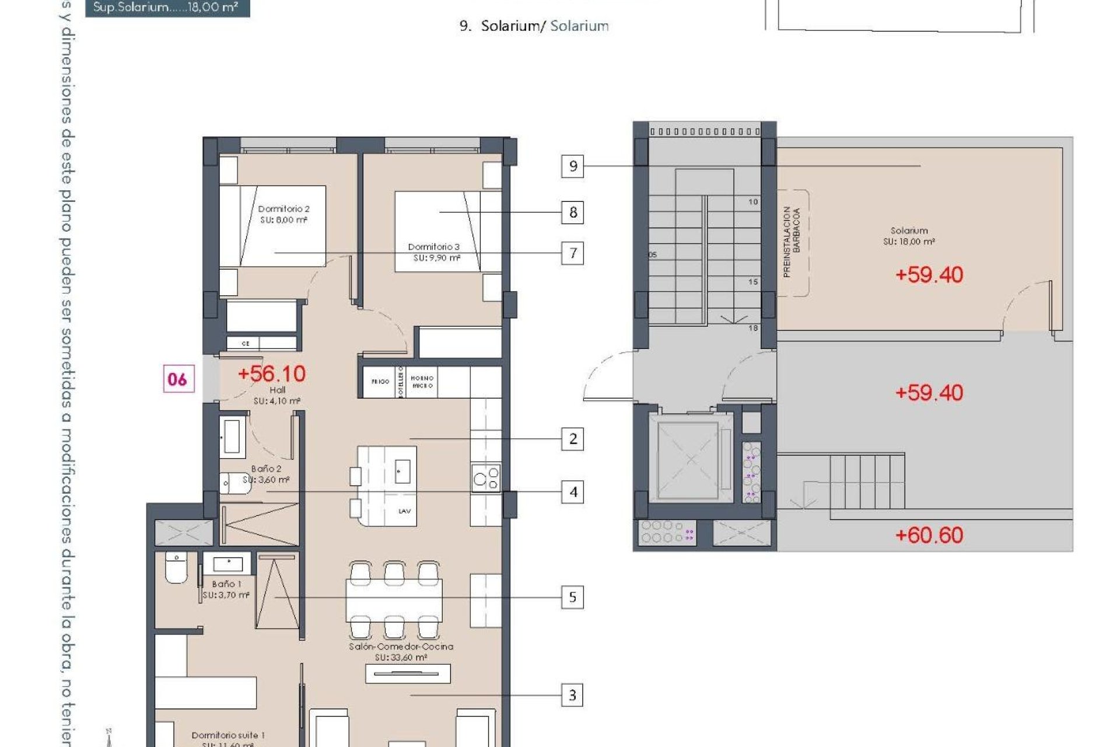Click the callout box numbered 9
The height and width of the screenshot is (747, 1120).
tap(572, 166)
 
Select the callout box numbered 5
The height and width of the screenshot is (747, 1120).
tap(572, 597)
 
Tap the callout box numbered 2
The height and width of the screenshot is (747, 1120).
tap(572, 439)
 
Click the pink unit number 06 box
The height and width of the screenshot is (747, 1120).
tap(178, 379)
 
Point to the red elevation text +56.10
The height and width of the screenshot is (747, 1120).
tap(271, 373)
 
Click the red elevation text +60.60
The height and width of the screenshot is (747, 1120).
tap(929, 535)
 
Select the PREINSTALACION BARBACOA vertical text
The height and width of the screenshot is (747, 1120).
tap(792, 242)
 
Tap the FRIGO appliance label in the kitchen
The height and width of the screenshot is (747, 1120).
tap(380, 382)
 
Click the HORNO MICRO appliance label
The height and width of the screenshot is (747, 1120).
tap(422, 382)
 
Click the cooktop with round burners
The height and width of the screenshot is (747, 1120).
tap(486, 477)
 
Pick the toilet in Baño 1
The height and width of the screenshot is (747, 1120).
tap(176, 567)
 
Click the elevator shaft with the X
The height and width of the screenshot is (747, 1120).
tap(691, 459)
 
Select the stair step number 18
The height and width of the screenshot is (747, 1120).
tap(753, 328)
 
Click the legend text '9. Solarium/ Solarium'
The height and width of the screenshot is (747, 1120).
tap(534, 26)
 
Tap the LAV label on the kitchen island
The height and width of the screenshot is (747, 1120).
tap(404, 511)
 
